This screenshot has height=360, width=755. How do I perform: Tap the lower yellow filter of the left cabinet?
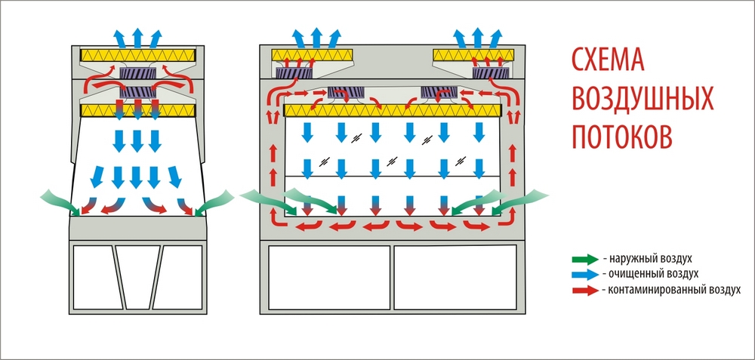click(138, 111)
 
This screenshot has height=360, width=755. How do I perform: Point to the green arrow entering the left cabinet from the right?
click(219, 200)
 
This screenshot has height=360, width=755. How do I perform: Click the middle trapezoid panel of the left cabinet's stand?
click(138, 275)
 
